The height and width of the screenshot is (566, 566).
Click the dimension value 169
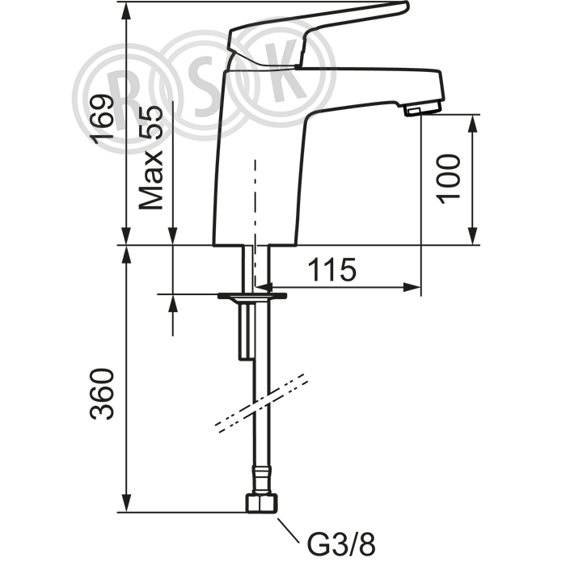click(x=102, y=119)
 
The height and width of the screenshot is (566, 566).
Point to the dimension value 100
click(x=448, y=180)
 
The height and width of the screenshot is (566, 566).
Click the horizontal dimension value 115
click(x=332, y=269)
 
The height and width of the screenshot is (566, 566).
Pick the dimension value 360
click(x=102, y=394)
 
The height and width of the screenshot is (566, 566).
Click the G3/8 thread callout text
click(x=341, y=545)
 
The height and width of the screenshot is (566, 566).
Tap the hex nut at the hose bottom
click(x=262, y=503)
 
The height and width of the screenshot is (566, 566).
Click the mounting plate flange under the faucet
click(x=252, y=296)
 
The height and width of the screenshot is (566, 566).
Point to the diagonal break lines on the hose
click(x=262, y=403)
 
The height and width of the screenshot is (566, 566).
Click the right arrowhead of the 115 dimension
click(x=412, y=287)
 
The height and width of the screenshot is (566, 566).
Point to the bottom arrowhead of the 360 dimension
click(x=126, y=503)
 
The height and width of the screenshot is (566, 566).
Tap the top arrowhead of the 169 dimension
click(x=126, y=11)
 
